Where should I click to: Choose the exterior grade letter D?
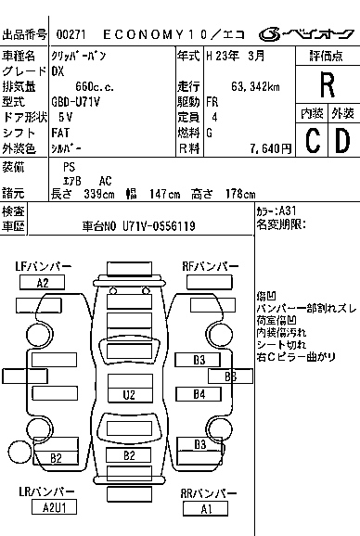[341, 142]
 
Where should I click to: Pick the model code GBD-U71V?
[76, 102]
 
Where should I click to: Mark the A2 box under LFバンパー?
[44, 283]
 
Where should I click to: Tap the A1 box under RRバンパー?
[207, 508]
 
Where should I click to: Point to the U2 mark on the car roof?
[129, 395]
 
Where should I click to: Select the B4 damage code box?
[199, 394]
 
